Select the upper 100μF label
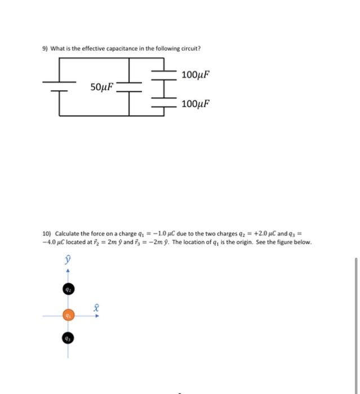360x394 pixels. [197, 74]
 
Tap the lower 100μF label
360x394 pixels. [197, 104]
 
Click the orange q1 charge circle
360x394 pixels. [68, 316]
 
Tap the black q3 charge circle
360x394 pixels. [68, 339]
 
